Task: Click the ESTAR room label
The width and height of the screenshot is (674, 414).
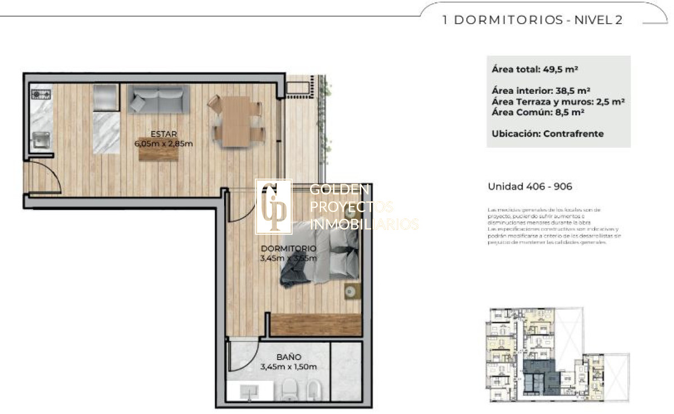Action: pyautogui.click(x=163, y=134)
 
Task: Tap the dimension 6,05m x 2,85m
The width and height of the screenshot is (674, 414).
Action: pyautogui.click(x=163, y=143)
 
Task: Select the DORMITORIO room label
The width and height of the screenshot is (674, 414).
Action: pyautogui.click(x=288, y=248)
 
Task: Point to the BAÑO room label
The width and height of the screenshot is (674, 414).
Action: pyautogui.click(x=289, y=357)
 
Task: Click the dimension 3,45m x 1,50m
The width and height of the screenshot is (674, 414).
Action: pyautogui.click(x=289, y=367)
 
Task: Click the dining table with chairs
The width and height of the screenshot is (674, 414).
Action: pyautogui.click(x=236, y=121)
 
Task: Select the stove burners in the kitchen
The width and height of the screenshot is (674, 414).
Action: pyautogui.click(x=40, y=94)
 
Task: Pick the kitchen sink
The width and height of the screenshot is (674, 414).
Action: pyautogui.click(x=40, y=140)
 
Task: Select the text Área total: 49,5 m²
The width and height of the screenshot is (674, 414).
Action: pyautogui.click(x=535, y=70)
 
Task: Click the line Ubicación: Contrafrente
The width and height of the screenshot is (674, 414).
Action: pyautogui.click(x=548, y=134)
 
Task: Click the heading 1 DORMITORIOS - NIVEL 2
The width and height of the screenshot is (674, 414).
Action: pyautogui.click(x=532, y=20)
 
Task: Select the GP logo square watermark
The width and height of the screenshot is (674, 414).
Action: pyautogui.click(x=274, y=207)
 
